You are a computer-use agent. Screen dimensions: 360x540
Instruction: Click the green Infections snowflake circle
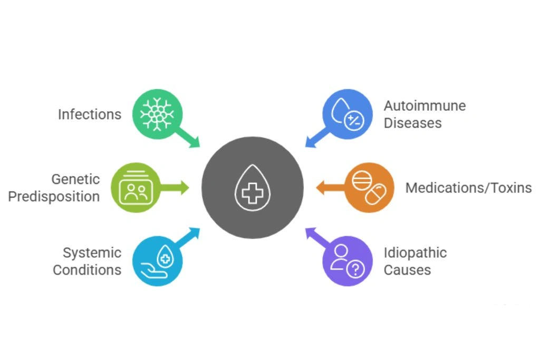157,114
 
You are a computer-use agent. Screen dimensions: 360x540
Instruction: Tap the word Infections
90,114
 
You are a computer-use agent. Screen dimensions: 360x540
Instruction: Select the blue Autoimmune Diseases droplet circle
347,114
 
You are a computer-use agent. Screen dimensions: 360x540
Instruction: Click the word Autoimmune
425,105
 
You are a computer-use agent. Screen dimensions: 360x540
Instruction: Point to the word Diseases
412,123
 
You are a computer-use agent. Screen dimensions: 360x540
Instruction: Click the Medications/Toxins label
468,188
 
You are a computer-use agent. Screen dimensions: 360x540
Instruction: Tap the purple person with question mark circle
347,260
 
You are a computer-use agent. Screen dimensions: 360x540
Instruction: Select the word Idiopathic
415,252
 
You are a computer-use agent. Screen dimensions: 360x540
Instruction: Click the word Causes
407,270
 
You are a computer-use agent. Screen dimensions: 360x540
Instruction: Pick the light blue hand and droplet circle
157,260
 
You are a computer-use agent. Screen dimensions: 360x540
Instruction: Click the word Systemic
92,252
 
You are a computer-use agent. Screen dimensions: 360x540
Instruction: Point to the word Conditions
87,270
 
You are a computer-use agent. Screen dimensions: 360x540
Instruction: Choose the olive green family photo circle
135,187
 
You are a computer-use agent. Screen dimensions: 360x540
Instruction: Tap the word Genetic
75,179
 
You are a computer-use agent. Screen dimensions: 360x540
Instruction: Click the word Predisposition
54,197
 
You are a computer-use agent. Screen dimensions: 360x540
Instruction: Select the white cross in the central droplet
253,191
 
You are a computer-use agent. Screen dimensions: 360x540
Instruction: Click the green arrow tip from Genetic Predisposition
185,187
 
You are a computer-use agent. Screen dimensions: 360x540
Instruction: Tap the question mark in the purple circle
356,269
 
